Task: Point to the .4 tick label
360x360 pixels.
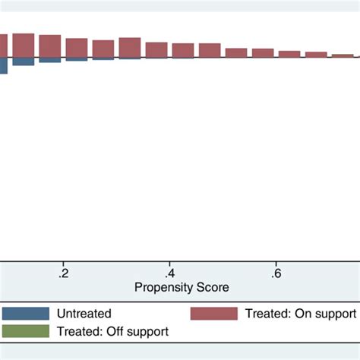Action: [x=171, y=273]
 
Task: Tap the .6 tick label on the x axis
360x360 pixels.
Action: [x=278, y=273]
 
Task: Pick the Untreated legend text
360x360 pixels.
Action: [x=85, y=314]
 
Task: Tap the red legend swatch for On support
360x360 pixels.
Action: [x=213, y=314]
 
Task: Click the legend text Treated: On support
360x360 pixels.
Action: [x=300, y=314]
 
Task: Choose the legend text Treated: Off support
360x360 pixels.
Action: [x=114, y=331]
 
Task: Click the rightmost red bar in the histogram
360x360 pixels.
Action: [x=343, y=55]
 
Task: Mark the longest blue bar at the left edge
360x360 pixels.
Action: [x=3, y=65]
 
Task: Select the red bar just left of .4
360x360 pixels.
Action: [x=156, y=49]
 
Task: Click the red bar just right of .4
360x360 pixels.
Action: [x=183, y=50]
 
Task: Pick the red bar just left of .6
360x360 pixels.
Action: [x=263, y=53]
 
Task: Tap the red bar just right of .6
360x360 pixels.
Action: [x=289, y=54]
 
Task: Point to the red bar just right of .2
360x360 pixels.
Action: [x=76, y=48]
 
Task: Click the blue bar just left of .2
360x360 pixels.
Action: [x=50, y=60]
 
